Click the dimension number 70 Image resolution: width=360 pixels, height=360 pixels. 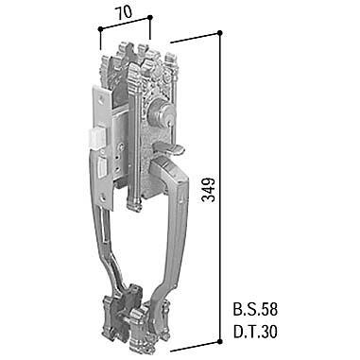124,12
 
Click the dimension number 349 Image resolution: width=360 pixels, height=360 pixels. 209,190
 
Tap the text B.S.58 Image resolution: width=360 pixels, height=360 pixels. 255,310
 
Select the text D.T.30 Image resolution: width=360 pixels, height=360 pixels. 255,332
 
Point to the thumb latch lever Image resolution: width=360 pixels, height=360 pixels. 167,148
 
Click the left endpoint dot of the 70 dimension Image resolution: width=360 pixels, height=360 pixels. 100,29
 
